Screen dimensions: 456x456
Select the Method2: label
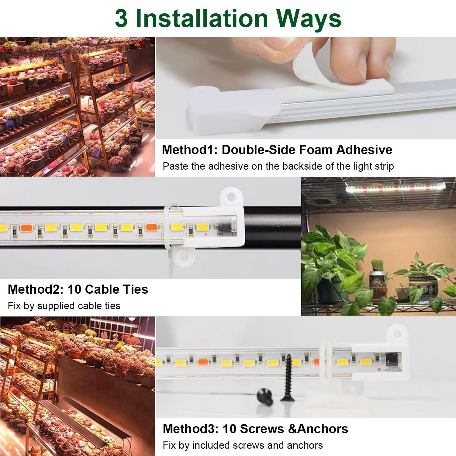tap(35, 289)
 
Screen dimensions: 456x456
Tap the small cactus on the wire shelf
tap(377, 266)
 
